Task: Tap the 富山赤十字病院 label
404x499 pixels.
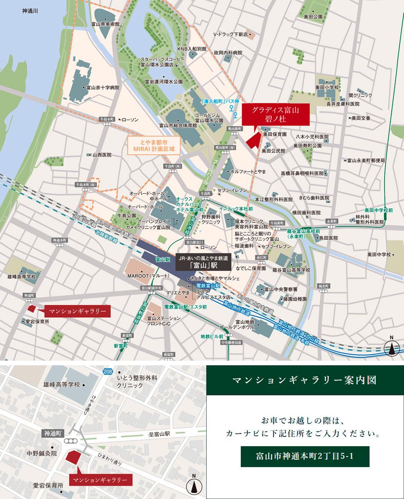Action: coord(102,88)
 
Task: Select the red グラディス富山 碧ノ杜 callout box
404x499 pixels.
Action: coord(276,114)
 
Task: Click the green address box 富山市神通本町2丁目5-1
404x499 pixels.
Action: coord(305,456)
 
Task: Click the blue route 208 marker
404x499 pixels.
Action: coord(108,372)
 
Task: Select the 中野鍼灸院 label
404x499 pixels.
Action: coord(41,454)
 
